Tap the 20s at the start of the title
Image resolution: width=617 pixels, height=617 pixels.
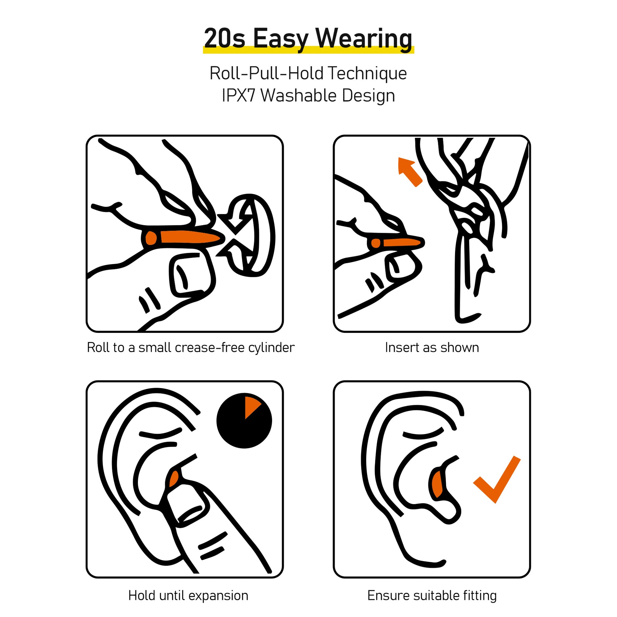point(224,38)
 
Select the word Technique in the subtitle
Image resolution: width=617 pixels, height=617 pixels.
point(367,74)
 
